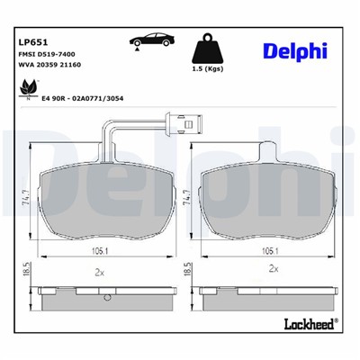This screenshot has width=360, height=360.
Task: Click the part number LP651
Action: point(33,41)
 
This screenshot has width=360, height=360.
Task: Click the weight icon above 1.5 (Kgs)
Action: point(209,49)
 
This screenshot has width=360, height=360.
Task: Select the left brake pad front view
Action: point(100,200)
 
